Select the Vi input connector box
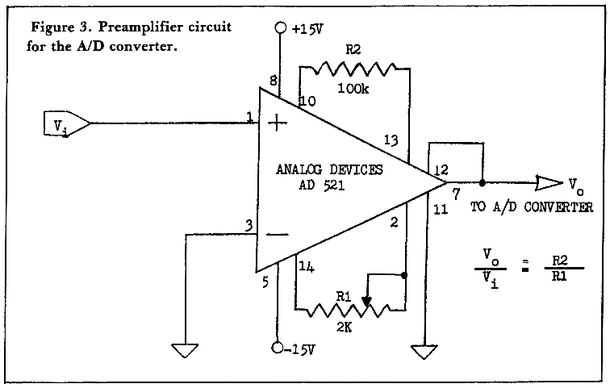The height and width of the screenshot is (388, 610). [x=65, y=125]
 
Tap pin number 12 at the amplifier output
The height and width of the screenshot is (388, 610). [x=440, y=171]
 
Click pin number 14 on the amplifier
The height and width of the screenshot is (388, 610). [x=305, y=266]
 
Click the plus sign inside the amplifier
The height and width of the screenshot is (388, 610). [x=277, y=123]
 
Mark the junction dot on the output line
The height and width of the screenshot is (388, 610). [x=483, y=181]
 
